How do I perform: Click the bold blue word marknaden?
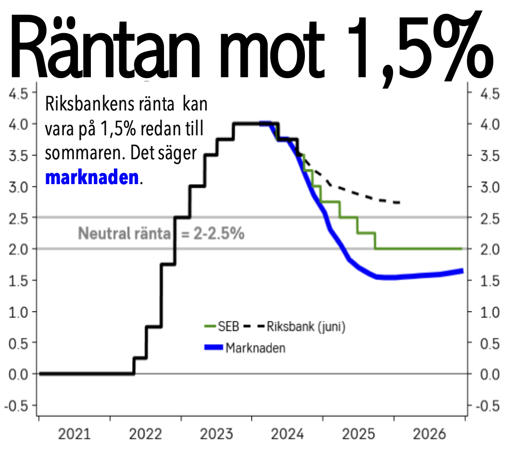click(92, 178)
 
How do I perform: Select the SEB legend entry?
click(221, 327)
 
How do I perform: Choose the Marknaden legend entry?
click(245, 347)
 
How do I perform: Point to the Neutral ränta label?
click(125, 233)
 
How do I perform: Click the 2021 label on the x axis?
click(74, 434)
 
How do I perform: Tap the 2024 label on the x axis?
click(287, 434)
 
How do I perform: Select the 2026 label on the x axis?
click(429, 434)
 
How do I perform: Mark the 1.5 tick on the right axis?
click(490, 280)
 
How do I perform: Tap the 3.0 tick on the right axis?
click(490, 186)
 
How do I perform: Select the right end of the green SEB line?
click(462, 249)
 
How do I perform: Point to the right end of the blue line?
click(462, 271)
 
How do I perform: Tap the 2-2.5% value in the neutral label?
click(217, 233)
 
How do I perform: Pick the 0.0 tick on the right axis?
click(490, 374)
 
